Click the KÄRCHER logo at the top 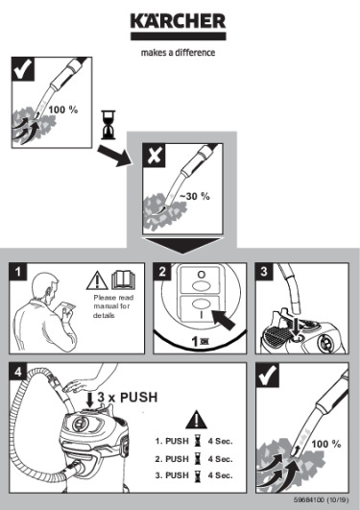(180, 21)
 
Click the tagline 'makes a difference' (180, 52)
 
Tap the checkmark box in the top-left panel (22, 71)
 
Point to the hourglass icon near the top (108, 122)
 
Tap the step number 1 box (20, 272)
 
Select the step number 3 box (263, 272)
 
